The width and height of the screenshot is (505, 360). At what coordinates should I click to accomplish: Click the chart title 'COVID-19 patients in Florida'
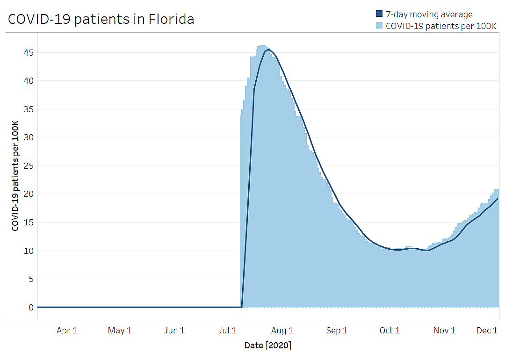[x=101, y=19]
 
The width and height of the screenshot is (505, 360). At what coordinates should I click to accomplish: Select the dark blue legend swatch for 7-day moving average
[x=379, y=14]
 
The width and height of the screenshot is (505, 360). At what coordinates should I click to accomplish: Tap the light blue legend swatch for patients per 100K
[x=379, y=25]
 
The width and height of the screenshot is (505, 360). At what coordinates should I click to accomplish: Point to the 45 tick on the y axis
[x=29, y=52]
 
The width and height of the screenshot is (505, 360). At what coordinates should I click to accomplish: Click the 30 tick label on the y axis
[x=29, y=137]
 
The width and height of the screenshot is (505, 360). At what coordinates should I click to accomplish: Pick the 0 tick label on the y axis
[x=31, y=308]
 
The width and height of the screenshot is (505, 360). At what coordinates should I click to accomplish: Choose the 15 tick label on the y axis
[x=29, y=223]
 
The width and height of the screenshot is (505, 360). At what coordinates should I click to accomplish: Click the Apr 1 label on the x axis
[x=67, y=331]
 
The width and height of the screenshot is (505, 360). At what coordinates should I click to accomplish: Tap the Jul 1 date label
[x=227, y=331]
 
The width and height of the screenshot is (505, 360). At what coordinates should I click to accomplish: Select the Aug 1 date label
[x=282, y=331]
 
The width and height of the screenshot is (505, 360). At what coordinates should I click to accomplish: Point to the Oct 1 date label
[x=390, y=331]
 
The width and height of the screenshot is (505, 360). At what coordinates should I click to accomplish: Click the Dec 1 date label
[x=487, y=331]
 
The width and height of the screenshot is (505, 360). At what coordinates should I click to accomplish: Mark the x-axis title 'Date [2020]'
[x=268, y=346]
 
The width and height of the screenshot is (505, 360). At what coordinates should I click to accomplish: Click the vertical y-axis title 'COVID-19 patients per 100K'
[x=15, y=176]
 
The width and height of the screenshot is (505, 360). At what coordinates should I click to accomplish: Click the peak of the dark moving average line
[x=268, y=50]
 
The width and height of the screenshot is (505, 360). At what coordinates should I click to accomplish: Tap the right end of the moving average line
[x=498, y=199]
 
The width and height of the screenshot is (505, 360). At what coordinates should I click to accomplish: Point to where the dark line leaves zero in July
[x=242, y=307]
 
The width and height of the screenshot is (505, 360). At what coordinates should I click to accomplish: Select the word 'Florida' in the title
[x=171, y=19]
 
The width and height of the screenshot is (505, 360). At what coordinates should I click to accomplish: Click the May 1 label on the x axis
[x=120, y=331]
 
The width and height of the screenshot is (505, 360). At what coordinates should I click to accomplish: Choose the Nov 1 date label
[x=444, y=331]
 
